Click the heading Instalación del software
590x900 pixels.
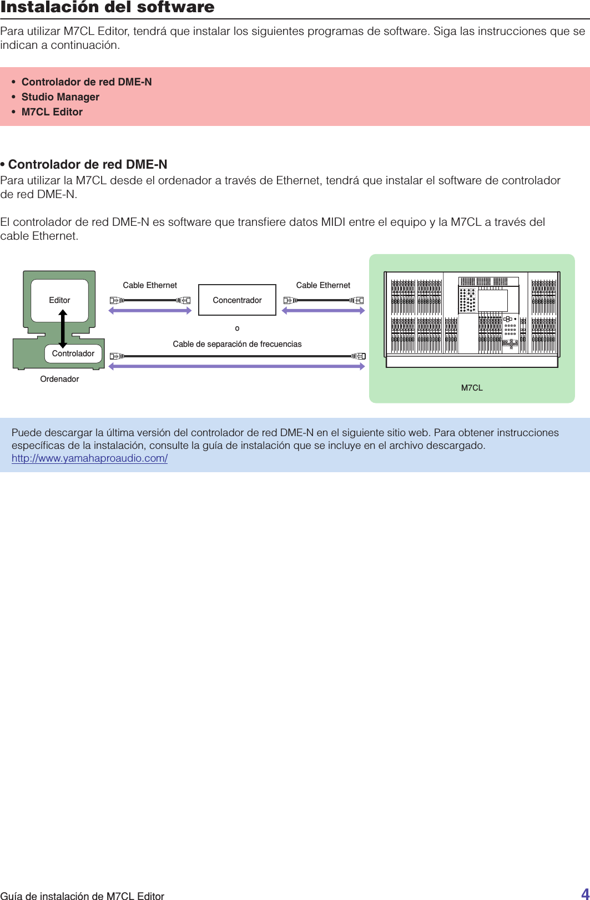pos(107,8)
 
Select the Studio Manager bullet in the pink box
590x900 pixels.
pos(60,97)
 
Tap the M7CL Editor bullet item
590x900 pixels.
pos(52,112)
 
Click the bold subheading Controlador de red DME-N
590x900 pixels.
pos(87,165)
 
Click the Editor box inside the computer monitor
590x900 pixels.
pos(59,300)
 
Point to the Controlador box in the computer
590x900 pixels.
pos(73,353)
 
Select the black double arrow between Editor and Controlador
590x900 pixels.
pos(63,328)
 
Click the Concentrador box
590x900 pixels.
pos(237,300)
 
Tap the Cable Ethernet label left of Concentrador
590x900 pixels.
pos(150,285)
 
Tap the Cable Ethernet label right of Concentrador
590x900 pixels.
pos(323,285)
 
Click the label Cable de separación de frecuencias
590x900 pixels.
pos(237,344)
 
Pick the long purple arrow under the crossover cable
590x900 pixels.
pos(237,366)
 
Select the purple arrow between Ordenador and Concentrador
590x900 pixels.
pos(150,311)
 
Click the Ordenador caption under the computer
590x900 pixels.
pos(59,379)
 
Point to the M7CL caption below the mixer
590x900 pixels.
pos(472,388)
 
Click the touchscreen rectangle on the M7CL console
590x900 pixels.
pos(492,301)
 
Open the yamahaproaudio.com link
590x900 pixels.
pos(89,458)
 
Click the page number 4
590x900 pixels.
pos(584,893)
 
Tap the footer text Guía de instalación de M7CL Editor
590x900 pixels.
pos(82,896)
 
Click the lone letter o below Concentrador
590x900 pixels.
pos(237,328)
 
